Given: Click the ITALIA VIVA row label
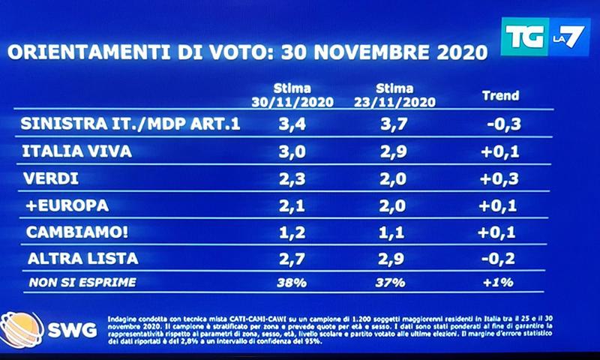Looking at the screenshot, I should point(79,151).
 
